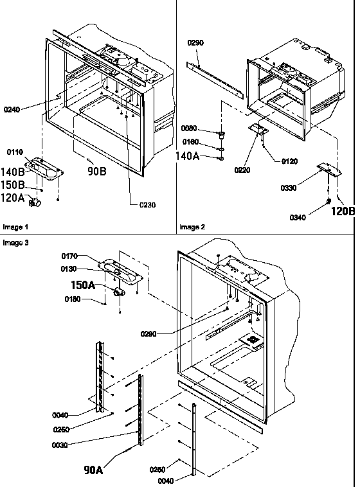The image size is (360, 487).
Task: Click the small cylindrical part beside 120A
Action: click(x=35, y=203)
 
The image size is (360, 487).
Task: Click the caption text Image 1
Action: click(x=16, y=227)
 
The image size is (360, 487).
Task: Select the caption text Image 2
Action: click(x=193, y=227)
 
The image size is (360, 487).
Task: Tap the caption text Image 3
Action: click(x=16, y=243)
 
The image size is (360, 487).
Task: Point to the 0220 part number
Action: click(x=244, y=170)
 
